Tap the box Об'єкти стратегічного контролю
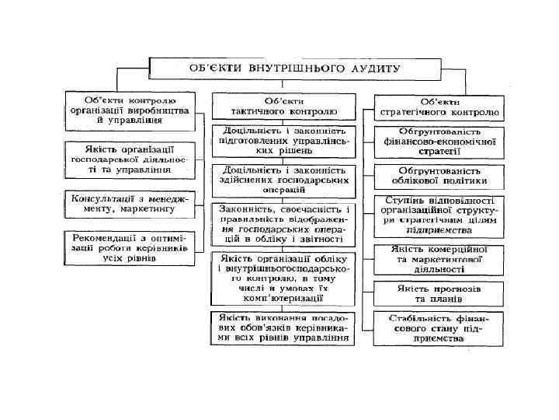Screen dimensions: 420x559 point(439,107)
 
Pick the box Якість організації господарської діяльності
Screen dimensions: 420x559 point(130,158)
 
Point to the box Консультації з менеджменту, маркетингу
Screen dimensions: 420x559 point(130,204)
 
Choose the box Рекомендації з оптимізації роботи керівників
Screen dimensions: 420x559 point(130,247)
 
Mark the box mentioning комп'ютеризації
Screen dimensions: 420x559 point(284,278)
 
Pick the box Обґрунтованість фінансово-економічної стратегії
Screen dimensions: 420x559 point(439,141)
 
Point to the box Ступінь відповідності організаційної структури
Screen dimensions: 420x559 point(439,215)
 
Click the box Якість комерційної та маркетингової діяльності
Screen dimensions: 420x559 point(439,260)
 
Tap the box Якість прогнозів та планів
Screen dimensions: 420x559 point(439,293)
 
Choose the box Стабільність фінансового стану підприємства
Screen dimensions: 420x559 point(439,329)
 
